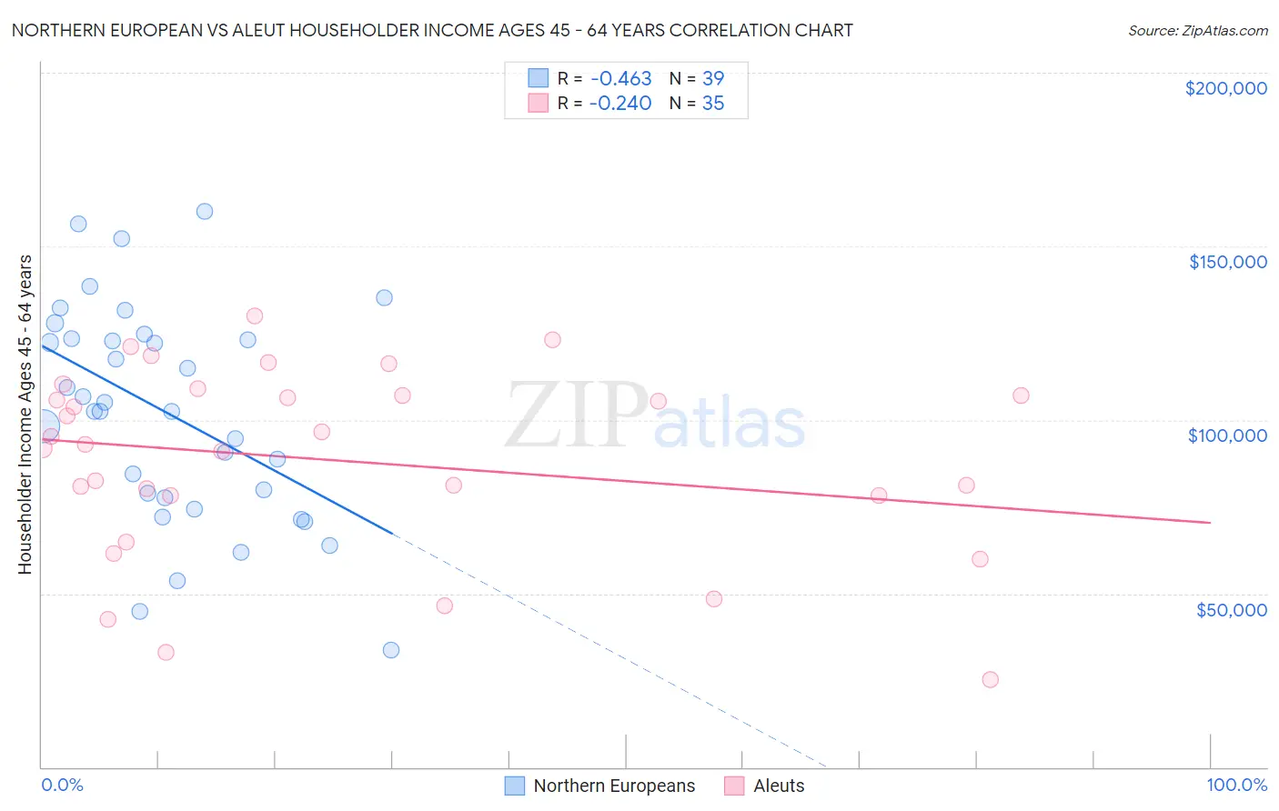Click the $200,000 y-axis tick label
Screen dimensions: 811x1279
pyautogui.click(x=1225, y=88)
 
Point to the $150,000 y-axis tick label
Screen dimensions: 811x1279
pyautogui.click(x=1227, y=262)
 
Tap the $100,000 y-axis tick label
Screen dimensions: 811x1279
pyautogui.click(x=1227, y=436)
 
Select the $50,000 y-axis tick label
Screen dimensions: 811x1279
pyautogui.click(x=1231, y=610)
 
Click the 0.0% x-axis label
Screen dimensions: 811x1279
pyautogui.click(x=62, y=785)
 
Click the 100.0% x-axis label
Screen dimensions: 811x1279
pyautogui.click(x=1236, y=785)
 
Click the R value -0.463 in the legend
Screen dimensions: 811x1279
pyautogui.click(x=620, y=78)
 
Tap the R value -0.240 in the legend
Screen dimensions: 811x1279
pyautogui.click(x=620, y=103)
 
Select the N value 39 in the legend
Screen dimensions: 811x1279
pyautogui.click(x=713, y=78)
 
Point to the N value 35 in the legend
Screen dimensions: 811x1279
pyautogui.click(x=713, y=103)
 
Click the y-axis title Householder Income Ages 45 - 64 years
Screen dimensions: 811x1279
pyautogui.click(x=25, y=415)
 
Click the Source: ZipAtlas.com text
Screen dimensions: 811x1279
pyautogui.click(x=1197, y=30)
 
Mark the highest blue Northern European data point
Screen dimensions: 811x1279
pyautogui.click(x=205, y=211)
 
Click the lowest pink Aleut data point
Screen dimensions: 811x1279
pyautogui.click(x=990, y=679)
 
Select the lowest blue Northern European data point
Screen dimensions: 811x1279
pyautogui.click(x=391, y=649)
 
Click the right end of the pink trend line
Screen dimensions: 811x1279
pyautogui.click(x=1210, y=522)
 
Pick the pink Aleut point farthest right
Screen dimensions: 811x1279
pyautogui.click(x=1021, y=395)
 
